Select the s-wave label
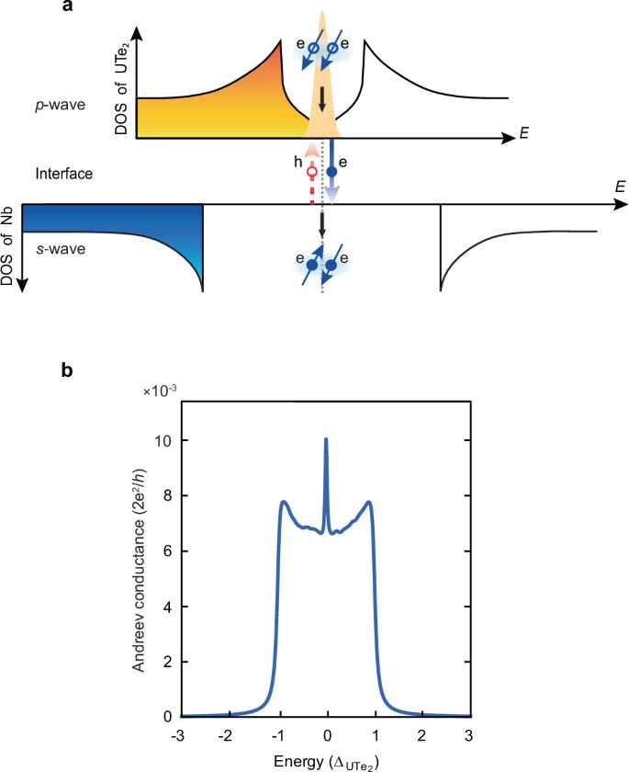pos(56,248)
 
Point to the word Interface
pos(59,173)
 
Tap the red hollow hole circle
pos(312,171)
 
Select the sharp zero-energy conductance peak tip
pos(326,439)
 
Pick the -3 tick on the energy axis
pos(184,732)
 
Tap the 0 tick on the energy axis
pos(326,732)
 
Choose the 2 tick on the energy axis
pos(421,732)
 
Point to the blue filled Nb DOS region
pos(101,221)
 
